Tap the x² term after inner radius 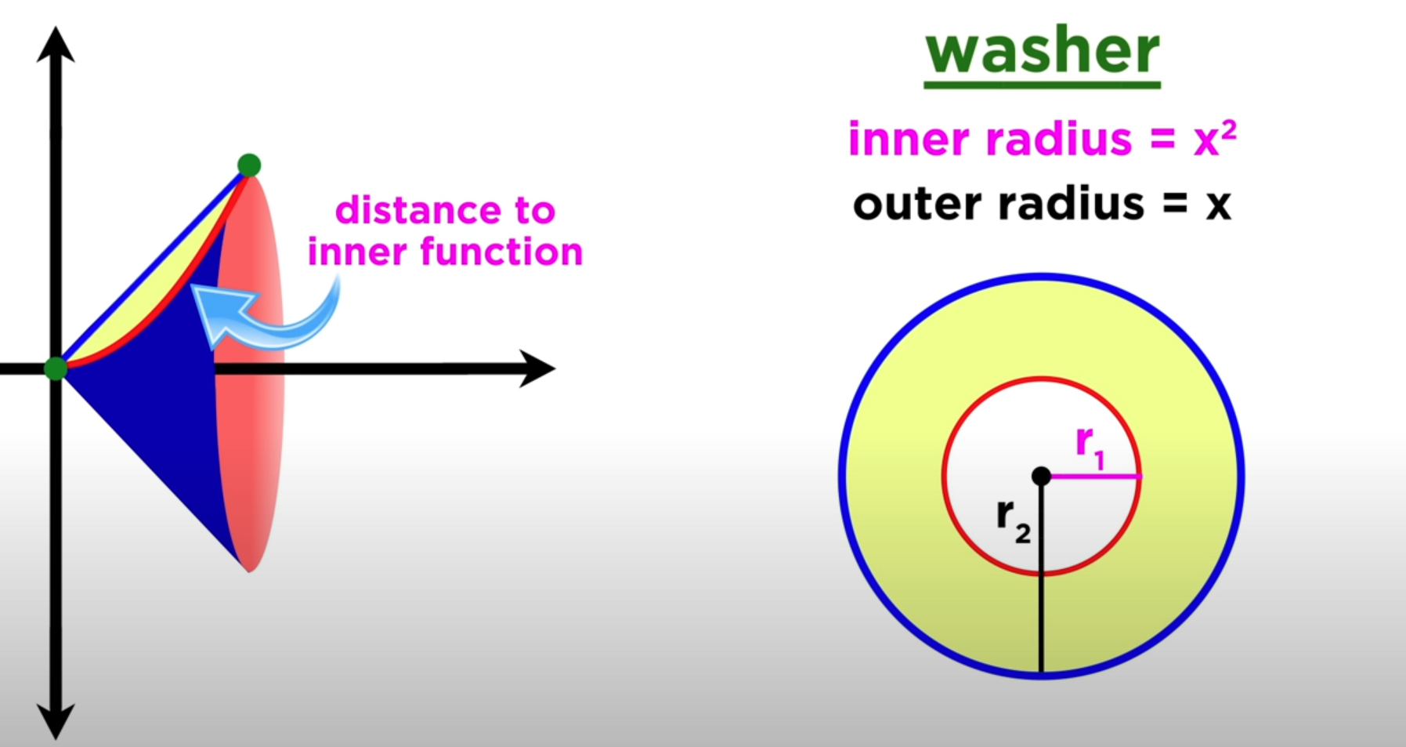[1215, 140]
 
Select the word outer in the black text [916, 204]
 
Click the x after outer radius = [1218, 205]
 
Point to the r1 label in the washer [1090, 446]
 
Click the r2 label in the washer [1013, 520]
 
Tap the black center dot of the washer [1041, 476]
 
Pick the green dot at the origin [56, 368]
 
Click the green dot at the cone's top [249, 165]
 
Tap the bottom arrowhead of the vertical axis [56, 720]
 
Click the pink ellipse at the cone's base [255, 439]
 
